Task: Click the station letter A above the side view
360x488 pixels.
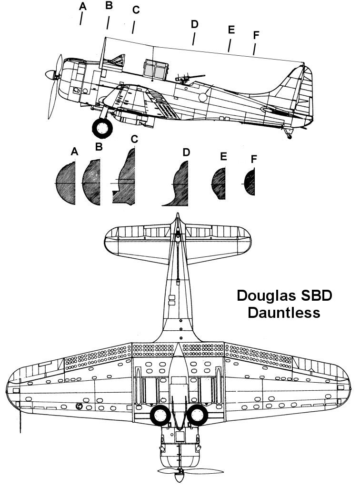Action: pyautogui.click(x=83, y=6)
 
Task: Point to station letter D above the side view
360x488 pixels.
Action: pyautogui.click(x=194, y=24)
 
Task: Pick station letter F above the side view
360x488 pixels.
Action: pyautogui.click(x=257, y=35)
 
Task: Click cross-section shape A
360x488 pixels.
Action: pyautogui.click(x=66, y=183)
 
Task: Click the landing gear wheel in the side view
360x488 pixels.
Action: pyautogui.click(x=102, y=127)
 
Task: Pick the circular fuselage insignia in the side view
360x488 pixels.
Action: pyautogui.click(x=203, y=97)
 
